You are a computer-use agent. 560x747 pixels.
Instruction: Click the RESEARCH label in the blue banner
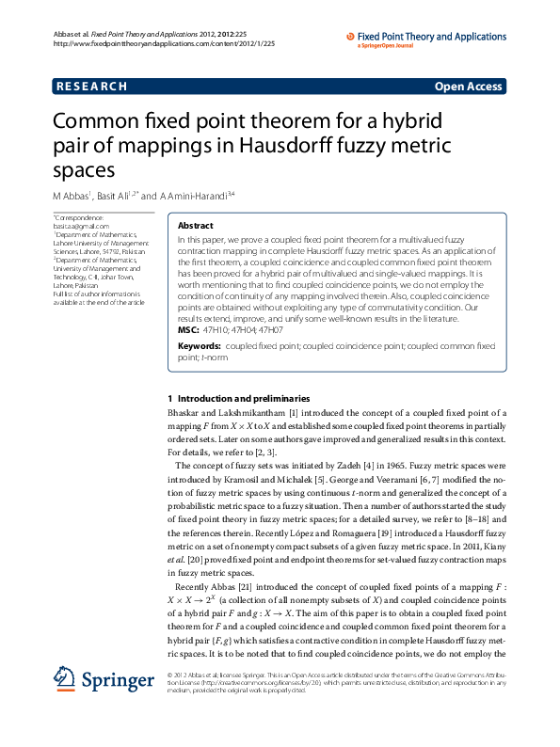(x=91, y=87)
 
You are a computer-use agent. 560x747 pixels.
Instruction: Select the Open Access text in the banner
(x=468, y=87)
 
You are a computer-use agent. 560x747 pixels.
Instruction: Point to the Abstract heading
(x=196, y=227)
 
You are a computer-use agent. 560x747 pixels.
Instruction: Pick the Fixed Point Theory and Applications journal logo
(x=425, y=39)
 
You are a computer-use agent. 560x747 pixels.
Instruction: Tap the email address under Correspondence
(x=81, y=227)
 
